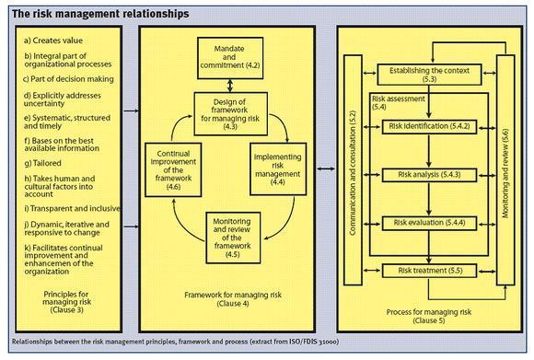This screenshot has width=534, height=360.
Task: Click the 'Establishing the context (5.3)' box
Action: pos(429,75)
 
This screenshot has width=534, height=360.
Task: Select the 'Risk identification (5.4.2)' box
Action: pos(429,125)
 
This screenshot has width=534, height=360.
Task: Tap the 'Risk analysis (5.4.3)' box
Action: pos(429,174)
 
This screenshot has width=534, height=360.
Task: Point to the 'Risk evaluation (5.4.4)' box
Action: pos(429,222)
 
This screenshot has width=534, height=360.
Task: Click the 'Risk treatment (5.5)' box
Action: pos(429,270)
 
